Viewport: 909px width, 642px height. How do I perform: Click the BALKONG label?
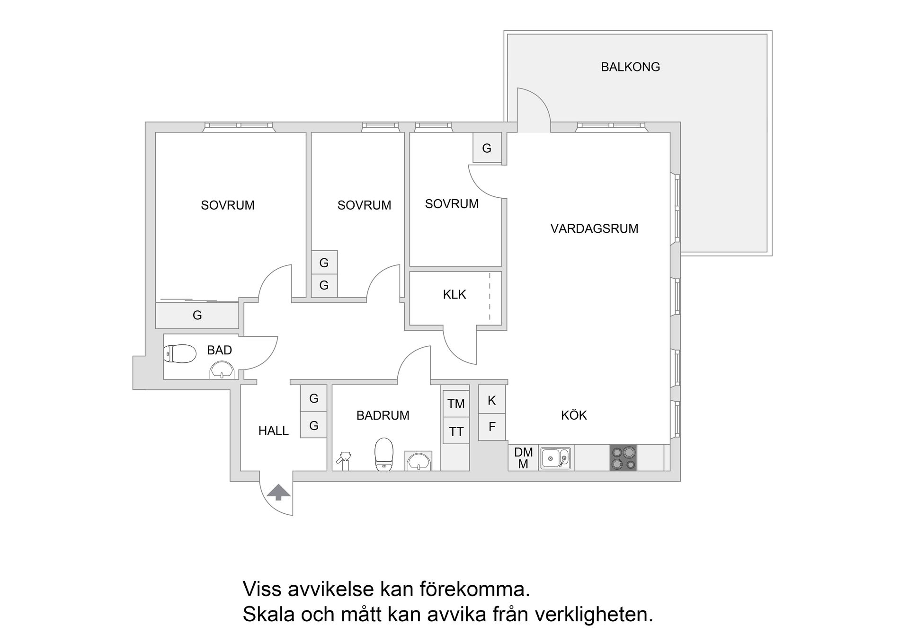(x=630, y=67)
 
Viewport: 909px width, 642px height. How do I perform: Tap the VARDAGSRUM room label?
(x=594, y=229)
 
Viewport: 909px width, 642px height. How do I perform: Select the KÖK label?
(x=574, y=415)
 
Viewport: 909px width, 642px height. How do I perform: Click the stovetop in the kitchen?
(x=624, y=458)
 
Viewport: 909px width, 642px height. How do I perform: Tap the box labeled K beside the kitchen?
(x=492, y=400)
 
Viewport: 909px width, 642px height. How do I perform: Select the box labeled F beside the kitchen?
(x=492, y=427)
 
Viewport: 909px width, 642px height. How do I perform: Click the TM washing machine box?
(x=456, y=404)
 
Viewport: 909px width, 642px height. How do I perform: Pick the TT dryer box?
(x=456, y=431)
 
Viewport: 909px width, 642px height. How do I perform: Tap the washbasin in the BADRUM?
(x=419, y=461)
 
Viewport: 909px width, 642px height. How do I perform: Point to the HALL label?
(x=274, y=431)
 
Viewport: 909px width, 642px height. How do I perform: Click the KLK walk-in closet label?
(x=454, y=295)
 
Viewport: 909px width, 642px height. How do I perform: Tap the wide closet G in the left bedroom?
(x=197, y=315)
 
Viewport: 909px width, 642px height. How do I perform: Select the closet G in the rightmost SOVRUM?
(x=487, y=149)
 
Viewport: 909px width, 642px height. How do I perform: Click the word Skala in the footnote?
(x=268, y=614)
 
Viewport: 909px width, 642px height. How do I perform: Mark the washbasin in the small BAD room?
(x=222, y=370)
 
